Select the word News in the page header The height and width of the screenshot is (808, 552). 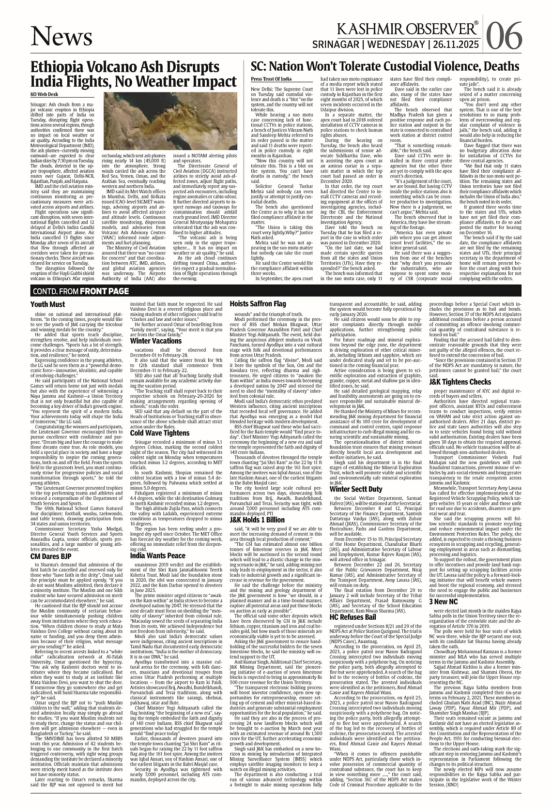[x=61, y=37]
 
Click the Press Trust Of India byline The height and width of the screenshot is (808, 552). [x=271, y=78]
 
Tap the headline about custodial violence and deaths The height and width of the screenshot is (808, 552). [x=385, y=67]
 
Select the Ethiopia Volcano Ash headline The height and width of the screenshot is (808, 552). [x=125, y=74]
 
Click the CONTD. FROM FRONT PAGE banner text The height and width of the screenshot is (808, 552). [x=81, y=291]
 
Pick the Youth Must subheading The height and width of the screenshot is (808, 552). [x=47, y=304]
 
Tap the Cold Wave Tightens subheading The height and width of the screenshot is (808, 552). [x=160, y=433]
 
